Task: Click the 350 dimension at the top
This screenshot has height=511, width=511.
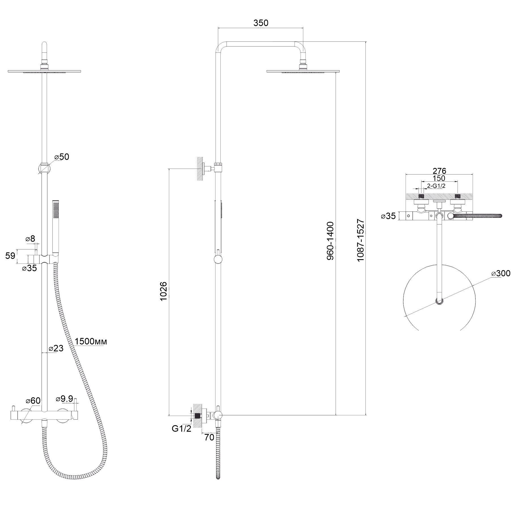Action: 261,23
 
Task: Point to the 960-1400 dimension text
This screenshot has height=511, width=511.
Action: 330,241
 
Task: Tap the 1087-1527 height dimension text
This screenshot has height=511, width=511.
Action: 361,240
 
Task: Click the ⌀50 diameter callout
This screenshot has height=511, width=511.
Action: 61,157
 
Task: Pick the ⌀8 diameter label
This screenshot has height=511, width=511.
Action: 30,239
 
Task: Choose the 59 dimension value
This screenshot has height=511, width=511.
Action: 10,256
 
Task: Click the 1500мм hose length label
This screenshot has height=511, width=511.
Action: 91,341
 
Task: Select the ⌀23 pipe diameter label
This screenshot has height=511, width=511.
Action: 56,348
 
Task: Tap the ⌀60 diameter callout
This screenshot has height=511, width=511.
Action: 33,401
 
